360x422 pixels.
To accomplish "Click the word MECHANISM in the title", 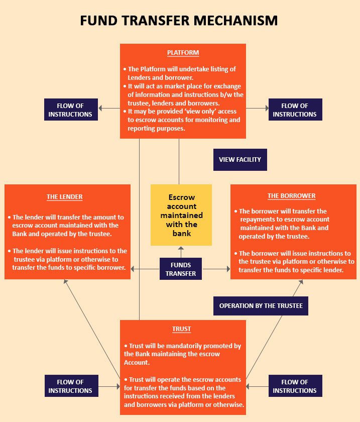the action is [x=235, y=21].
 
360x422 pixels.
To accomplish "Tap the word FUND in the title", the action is [x=99, y=21].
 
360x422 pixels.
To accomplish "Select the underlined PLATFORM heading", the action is [x=183, y=52].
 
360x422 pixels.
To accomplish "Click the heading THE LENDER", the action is [x=65, y=197].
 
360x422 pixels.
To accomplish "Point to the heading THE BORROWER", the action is [x=291, y=195].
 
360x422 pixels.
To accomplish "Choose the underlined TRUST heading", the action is [x=182, y=329].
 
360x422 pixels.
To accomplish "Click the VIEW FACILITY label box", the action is [x=240, y=160].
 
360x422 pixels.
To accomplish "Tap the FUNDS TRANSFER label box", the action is [x=181, y=269].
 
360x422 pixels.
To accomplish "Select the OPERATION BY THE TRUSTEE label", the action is [x=261, y=306].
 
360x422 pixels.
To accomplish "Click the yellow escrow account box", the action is [x=181, y=215].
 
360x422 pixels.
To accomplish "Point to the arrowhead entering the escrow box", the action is [x=181, y=248].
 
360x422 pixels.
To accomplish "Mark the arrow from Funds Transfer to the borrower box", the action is [x=216, y=269].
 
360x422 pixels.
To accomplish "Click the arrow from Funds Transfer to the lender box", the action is [x=145, y=269].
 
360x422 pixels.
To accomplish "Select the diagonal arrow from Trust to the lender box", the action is [x=92, y=329].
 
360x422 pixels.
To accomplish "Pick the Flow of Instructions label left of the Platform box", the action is [x=71, y=110].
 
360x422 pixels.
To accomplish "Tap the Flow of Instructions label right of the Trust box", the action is [x=295, y=386].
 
